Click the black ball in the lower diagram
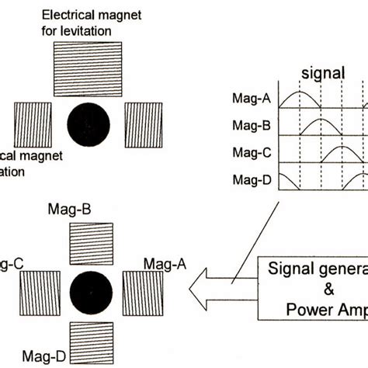pos(91,293)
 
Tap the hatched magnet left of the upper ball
pos(33,125)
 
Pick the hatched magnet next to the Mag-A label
pos(143,293)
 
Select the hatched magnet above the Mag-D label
pos(91,342)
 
